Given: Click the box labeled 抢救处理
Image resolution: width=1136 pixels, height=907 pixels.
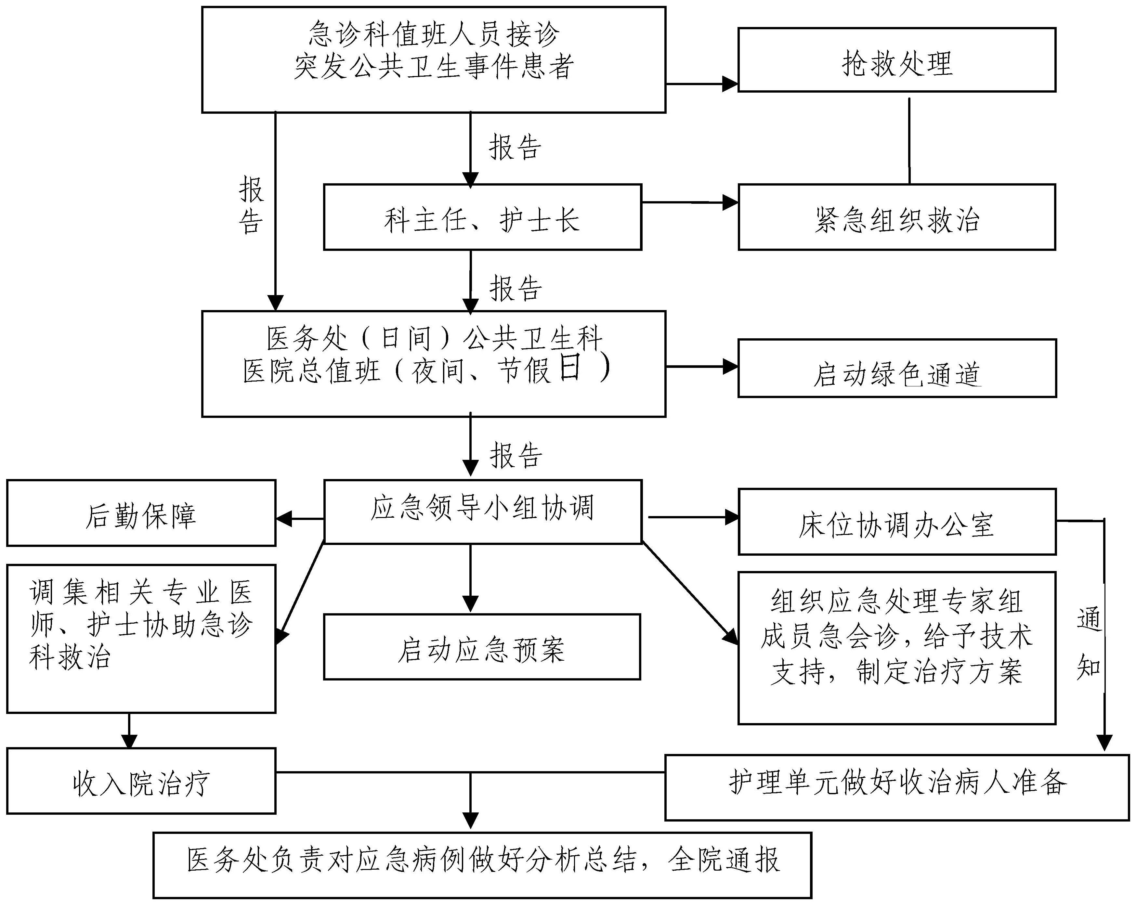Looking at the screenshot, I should point(896,60).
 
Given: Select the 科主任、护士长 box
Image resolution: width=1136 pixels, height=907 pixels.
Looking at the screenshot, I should point(482,217).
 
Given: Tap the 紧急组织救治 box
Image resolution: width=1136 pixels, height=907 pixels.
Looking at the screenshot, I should point(896,217).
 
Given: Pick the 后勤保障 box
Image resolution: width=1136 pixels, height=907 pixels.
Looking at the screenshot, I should point(141,513).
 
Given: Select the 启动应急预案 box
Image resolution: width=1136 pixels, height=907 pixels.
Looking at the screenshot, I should point(482,647).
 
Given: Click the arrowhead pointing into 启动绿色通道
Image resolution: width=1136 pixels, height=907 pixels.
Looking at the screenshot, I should point(730,367).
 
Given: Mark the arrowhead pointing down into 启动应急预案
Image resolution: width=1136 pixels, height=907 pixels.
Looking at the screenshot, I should point(470,603).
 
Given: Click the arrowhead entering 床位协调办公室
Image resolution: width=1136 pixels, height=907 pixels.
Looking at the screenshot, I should point(731,518).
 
